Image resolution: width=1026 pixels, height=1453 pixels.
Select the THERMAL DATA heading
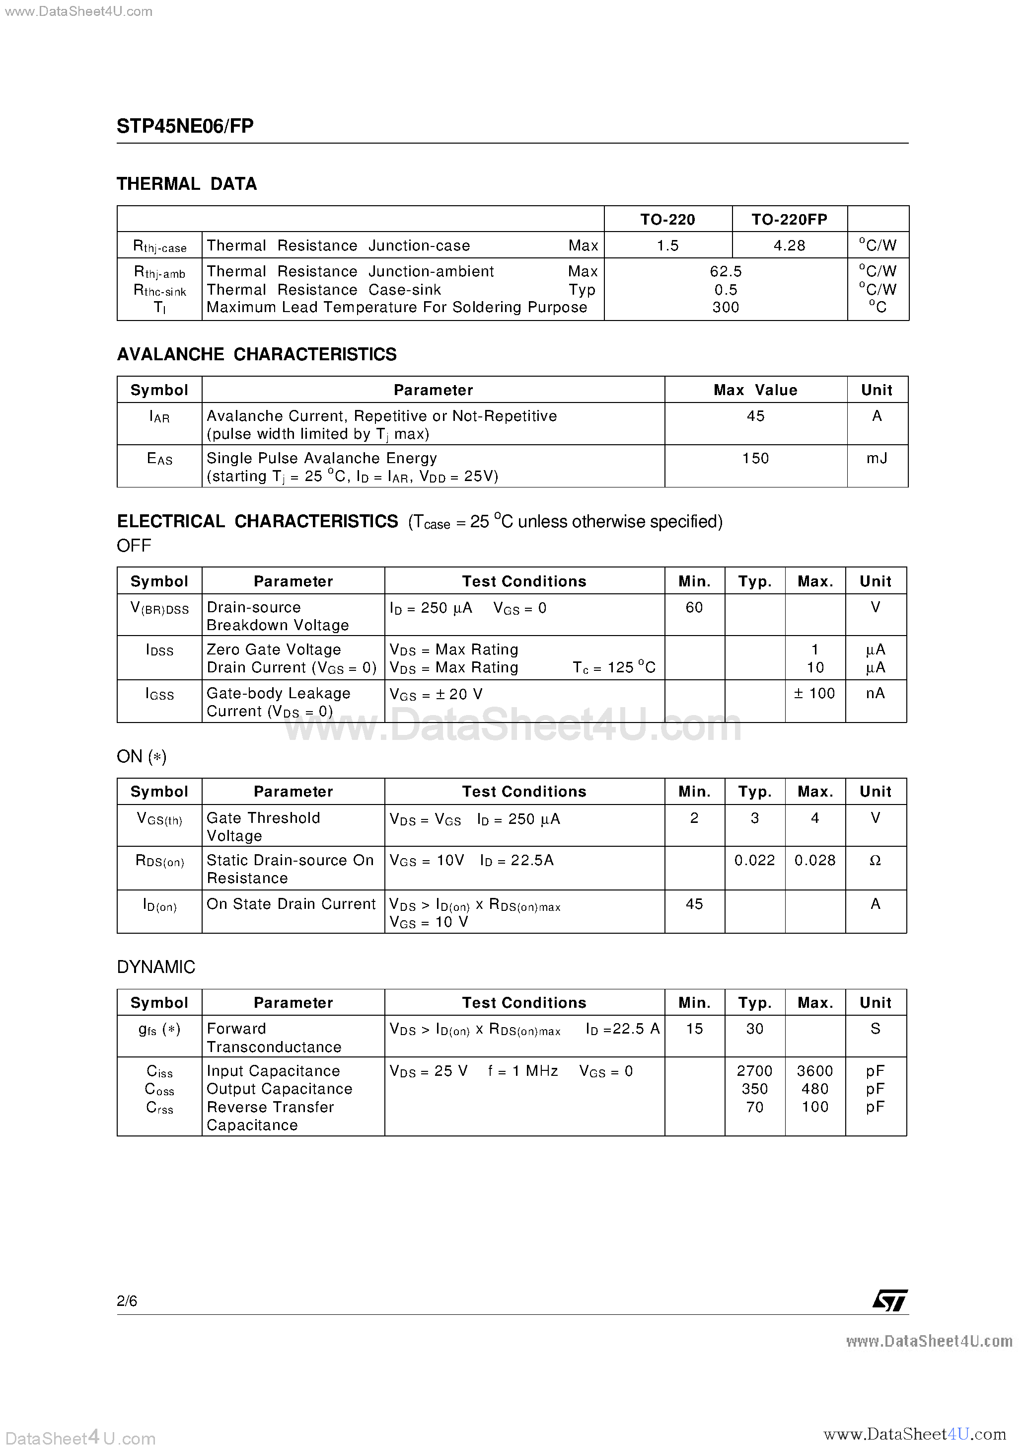pos(187,184)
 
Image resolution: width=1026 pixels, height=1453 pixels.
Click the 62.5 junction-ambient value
pos(725,271)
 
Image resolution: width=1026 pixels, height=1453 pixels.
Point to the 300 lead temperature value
pos(725,308)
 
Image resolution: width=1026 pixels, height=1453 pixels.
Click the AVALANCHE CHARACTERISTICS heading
pos(256,354)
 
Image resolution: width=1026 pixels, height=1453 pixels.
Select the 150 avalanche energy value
pos(755,458)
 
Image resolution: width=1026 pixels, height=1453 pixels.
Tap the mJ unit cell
pos(876,458)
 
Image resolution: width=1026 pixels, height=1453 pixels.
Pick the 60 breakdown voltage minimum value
pos(694,608)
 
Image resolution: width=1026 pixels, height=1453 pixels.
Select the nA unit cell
pos(875,694)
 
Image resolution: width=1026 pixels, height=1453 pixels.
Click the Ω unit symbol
pos(875,861)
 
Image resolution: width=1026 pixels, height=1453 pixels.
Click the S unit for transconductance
pos(875,1029)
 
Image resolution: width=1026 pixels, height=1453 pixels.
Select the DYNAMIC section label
pos(155,967)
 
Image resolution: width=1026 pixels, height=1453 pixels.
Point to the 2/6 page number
pos(127,1300)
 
